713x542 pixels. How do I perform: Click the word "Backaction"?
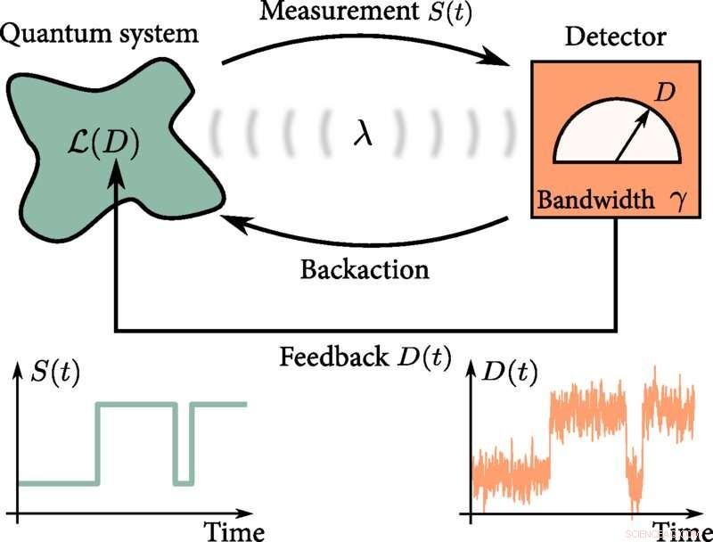coord(364,268)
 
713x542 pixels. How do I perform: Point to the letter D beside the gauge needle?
coord(664,92)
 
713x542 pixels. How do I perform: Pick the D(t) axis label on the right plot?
coord(510,373)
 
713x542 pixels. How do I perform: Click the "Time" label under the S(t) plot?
coord(234,531)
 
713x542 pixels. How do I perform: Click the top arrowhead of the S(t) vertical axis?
coord(17,368)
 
